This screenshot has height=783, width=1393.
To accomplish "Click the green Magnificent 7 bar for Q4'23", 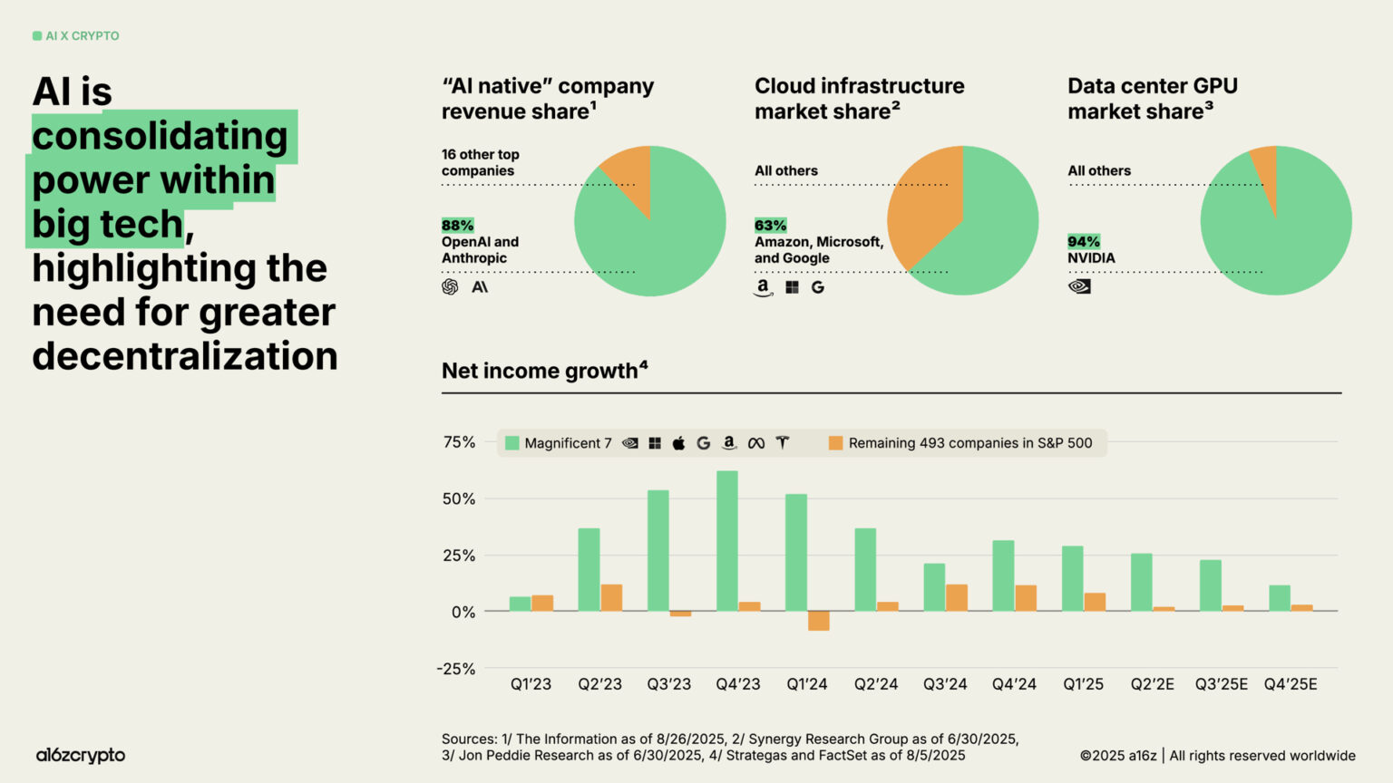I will coord(726,540).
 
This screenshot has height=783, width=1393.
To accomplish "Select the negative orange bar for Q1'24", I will coord(818,621).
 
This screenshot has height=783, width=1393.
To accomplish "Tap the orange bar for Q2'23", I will coord(611,597).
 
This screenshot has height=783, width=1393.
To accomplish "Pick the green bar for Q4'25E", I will coord(1279,598).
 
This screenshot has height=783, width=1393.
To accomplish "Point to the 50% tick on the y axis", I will coord(459,499).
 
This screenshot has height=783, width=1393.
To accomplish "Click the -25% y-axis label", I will coord(456,669).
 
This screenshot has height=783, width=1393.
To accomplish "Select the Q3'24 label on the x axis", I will coord(945,684).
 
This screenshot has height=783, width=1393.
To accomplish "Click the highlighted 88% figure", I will coord(457,226).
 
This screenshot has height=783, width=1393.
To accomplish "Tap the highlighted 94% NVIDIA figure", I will coord(1083,242).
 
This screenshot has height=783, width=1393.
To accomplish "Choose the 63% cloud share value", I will coord(770,226).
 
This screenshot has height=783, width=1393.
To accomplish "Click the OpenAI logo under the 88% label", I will coord(450,287).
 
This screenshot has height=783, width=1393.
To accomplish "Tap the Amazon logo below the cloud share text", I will coord(764,287).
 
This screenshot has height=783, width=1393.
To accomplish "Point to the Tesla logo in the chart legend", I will coord(783,443).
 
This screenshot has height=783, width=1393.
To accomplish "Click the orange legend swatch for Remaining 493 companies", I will coord(835,443).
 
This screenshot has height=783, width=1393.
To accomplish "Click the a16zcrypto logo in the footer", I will coord(81,755).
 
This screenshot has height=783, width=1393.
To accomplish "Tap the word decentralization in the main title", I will coord(185,356).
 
